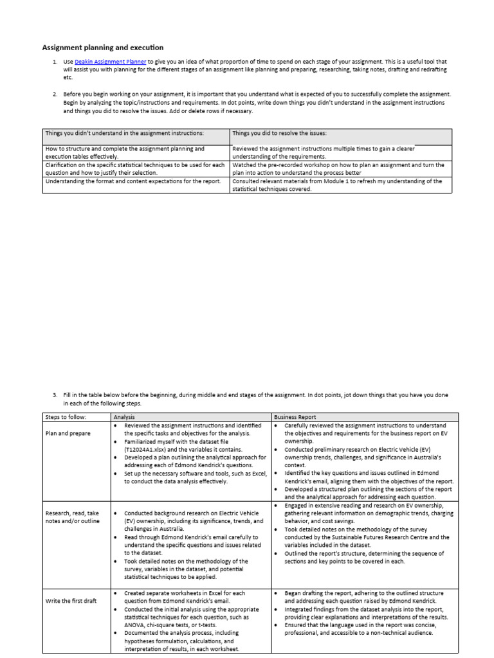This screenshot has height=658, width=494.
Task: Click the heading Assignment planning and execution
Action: [103, 48]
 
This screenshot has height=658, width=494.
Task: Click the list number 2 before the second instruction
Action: [55, 94]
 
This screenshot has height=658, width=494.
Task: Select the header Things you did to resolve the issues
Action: [279, 133]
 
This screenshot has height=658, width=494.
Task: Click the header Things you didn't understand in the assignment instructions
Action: [124, 133]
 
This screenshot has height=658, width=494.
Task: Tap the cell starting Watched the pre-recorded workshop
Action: [338, 169]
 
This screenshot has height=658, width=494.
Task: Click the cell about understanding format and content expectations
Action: [125, 181]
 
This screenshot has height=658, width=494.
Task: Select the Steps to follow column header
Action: [65, 417]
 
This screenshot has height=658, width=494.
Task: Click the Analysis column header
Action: [124, 417]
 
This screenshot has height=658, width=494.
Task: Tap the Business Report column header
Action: [295, 417]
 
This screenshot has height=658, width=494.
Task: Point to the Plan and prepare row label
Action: [68, 433]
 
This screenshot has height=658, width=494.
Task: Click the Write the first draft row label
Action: [71, 601]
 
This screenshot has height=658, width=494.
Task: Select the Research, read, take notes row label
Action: [73, 521]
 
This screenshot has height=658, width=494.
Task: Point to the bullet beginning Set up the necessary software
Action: [193, 477]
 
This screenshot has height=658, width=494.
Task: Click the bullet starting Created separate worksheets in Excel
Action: [193, 596]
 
